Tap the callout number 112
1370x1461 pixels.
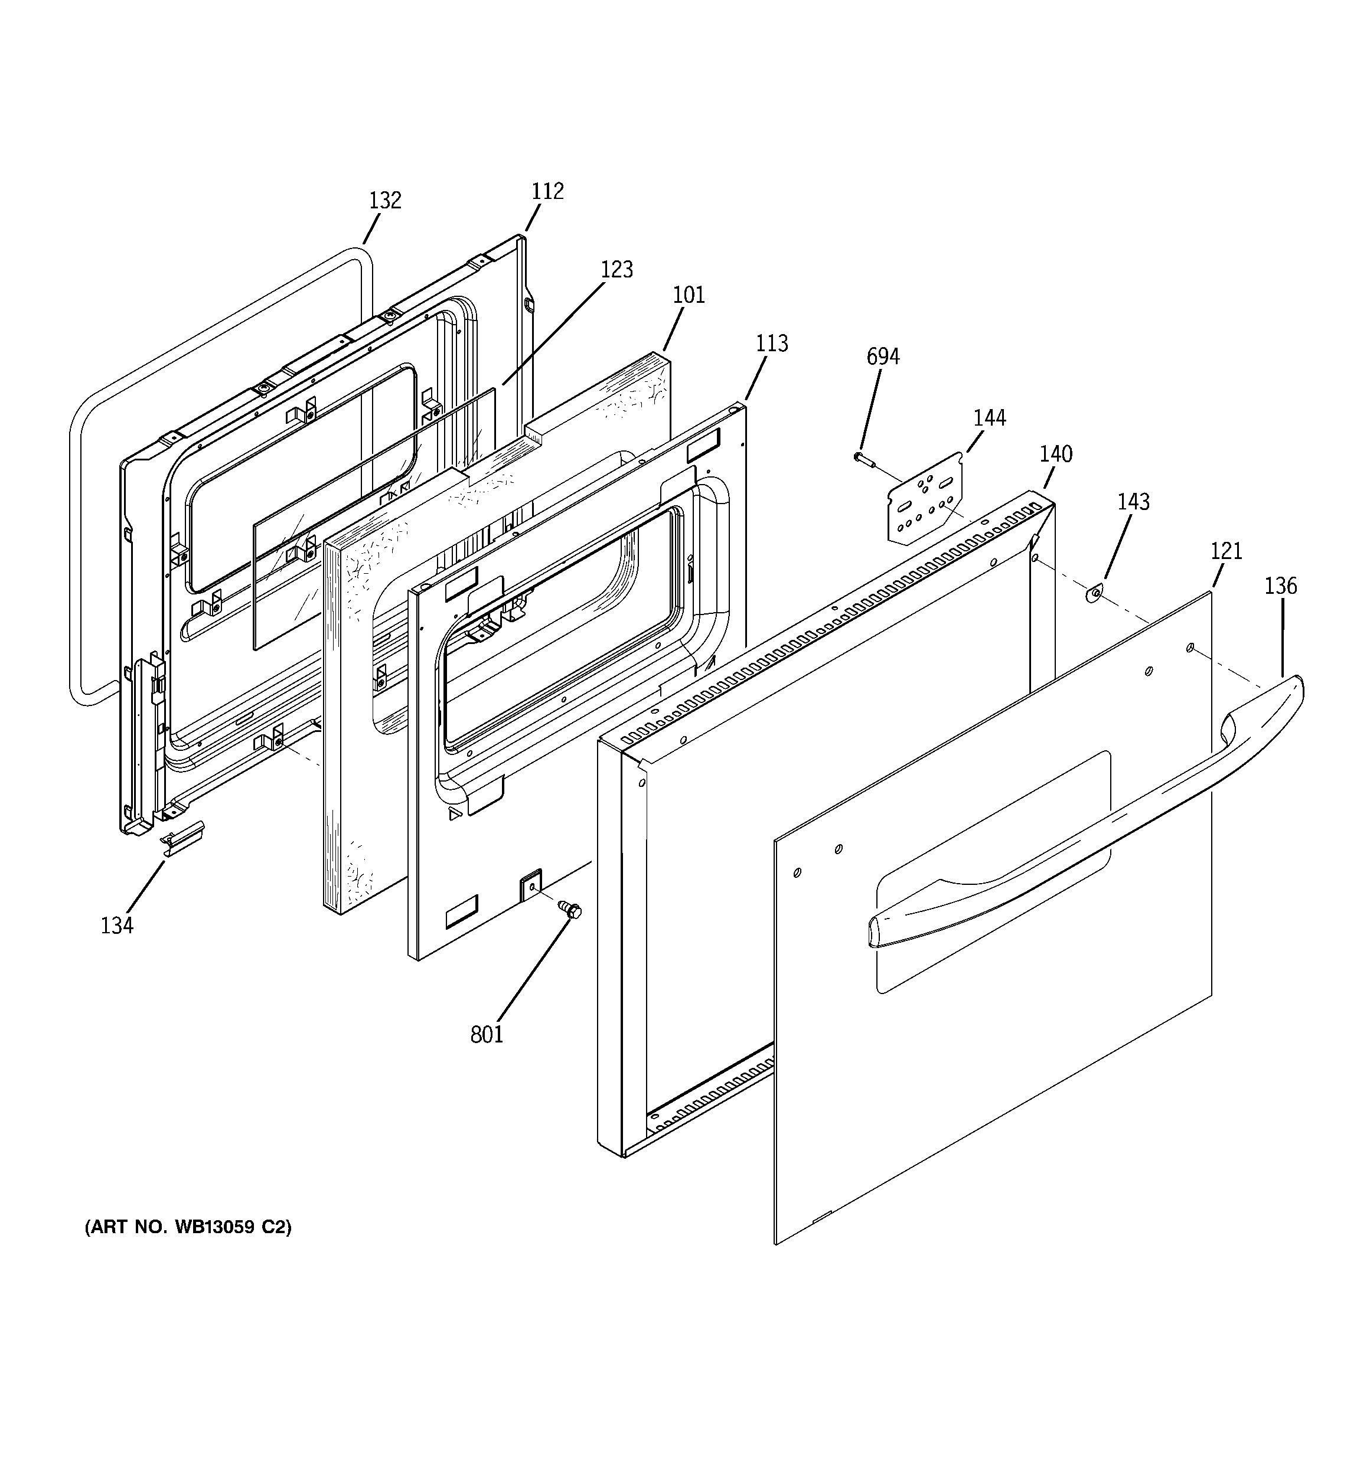tap(547, 191)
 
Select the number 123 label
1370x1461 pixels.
tap(616, 270)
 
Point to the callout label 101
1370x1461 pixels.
tap(689, 295)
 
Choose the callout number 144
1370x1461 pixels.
tap(989, 418)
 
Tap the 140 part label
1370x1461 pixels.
tap(1055, 454)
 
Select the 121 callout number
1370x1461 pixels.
tap(1226, 551)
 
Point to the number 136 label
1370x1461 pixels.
tap(1280, 586)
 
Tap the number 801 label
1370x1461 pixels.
tap(486, 1035)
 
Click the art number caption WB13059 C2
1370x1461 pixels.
tap(188, 1227)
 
